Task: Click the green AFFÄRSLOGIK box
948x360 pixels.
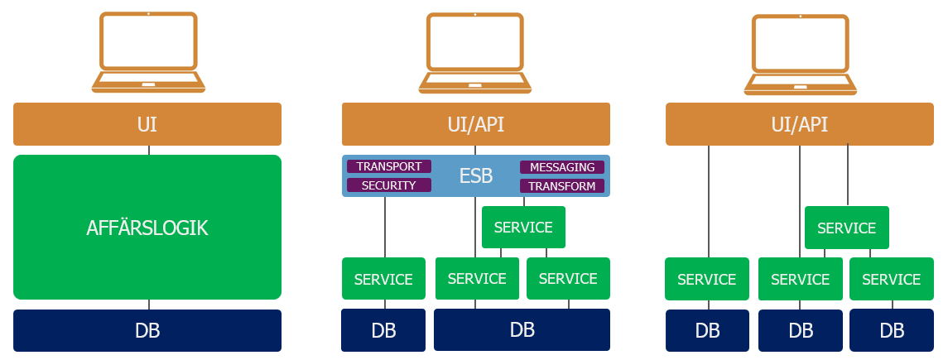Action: (147, 228)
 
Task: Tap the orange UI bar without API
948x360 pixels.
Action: (147, 124)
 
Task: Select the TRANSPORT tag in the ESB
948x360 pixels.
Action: (389, 166)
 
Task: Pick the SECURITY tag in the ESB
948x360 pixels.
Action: (389, 185)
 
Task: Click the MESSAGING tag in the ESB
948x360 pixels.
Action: (562, 167)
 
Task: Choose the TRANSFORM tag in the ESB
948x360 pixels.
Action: (562, 186)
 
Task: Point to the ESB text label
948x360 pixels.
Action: (476, 176)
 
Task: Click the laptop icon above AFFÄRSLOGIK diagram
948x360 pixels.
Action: (148, 52)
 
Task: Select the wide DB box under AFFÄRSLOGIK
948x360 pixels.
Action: (147, 331)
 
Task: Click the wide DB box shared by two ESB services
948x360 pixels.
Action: (522, 329)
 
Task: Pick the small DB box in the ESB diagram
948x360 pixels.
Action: (383, 331)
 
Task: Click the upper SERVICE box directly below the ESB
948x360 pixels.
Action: (523, 228)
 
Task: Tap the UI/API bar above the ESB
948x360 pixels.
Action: (476, 124)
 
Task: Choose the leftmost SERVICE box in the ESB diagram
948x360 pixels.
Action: (383, 279)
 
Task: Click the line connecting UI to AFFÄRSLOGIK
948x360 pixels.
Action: (149, 151)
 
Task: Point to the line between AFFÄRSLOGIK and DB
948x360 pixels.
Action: (149, 305)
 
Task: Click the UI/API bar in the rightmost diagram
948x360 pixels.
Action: (800, 124)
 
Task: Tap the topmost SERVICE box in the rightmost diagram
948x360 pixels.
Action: (846, 228)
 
